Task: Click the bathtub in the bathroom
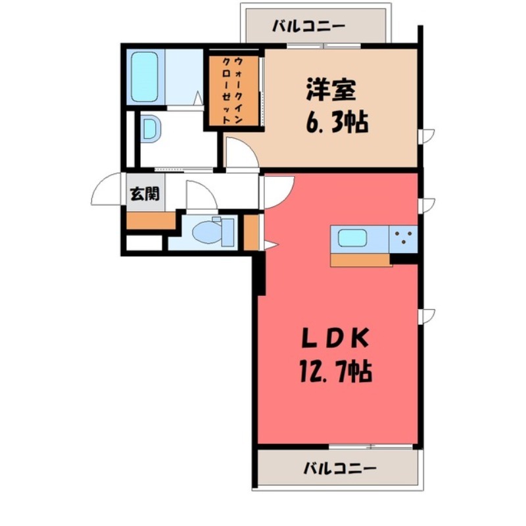pyautogui.click(x=145, y=78)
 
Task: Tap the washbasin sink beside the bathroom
pyautogui.click(x=150, y=130)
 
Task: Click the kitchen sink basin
pyautogui.click(x=352, y=238)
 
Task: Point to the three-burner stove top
pyautogui.click(x=403, y=239)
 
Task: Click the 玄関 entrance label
pyautogui.click(x=141, y=194)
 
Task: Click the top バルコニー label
pyautogui.click(x=308, y=28)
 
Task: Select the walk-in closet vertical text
pyautogui.click(x=232, y=91)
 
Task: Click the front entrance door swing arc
pyautogui.click(x=105, y=191)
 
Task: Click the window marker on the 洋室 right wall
pyautogui.click(x=427, y=137)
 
